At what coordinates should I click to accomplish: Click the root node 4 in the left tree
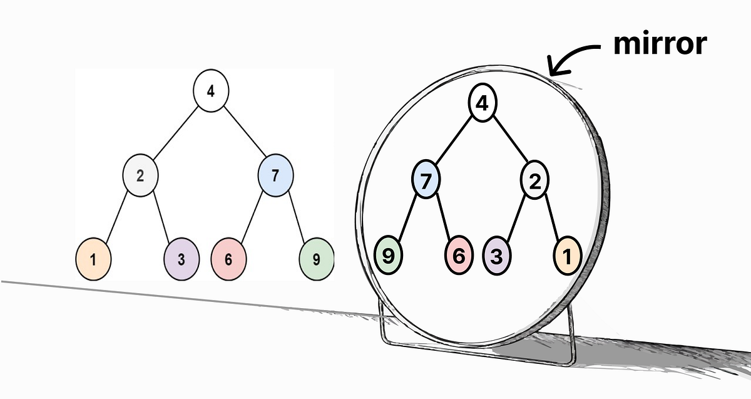[x=211, y=91]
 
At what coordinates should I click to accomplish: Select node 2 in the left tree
[x=140, y=175]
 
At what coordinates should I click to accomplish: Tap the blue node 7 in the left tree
[x=276, y=175]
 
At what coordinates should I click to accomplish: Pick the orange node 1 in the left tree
[x=93, y=259]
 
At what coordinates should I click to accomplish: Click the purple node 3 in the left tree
[x=181, y=259]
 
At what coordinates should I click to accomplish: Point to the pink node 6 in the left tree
[x=228, y=259]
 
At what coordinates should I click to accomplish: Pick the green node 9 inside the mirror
[x=388, y=256]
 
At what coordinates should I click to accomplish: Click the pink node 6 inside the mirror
[x=459, y=256]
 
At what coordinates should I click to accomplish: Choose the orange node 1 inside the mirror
[x=568, y=256]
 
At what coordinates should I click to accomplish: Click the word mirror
[x=660, y=44]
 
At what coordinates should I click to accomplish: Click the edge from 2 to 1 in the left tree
[x=116, y=217]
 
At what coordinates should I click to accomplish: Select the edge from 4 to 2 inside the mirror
[x=510, y=143]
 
